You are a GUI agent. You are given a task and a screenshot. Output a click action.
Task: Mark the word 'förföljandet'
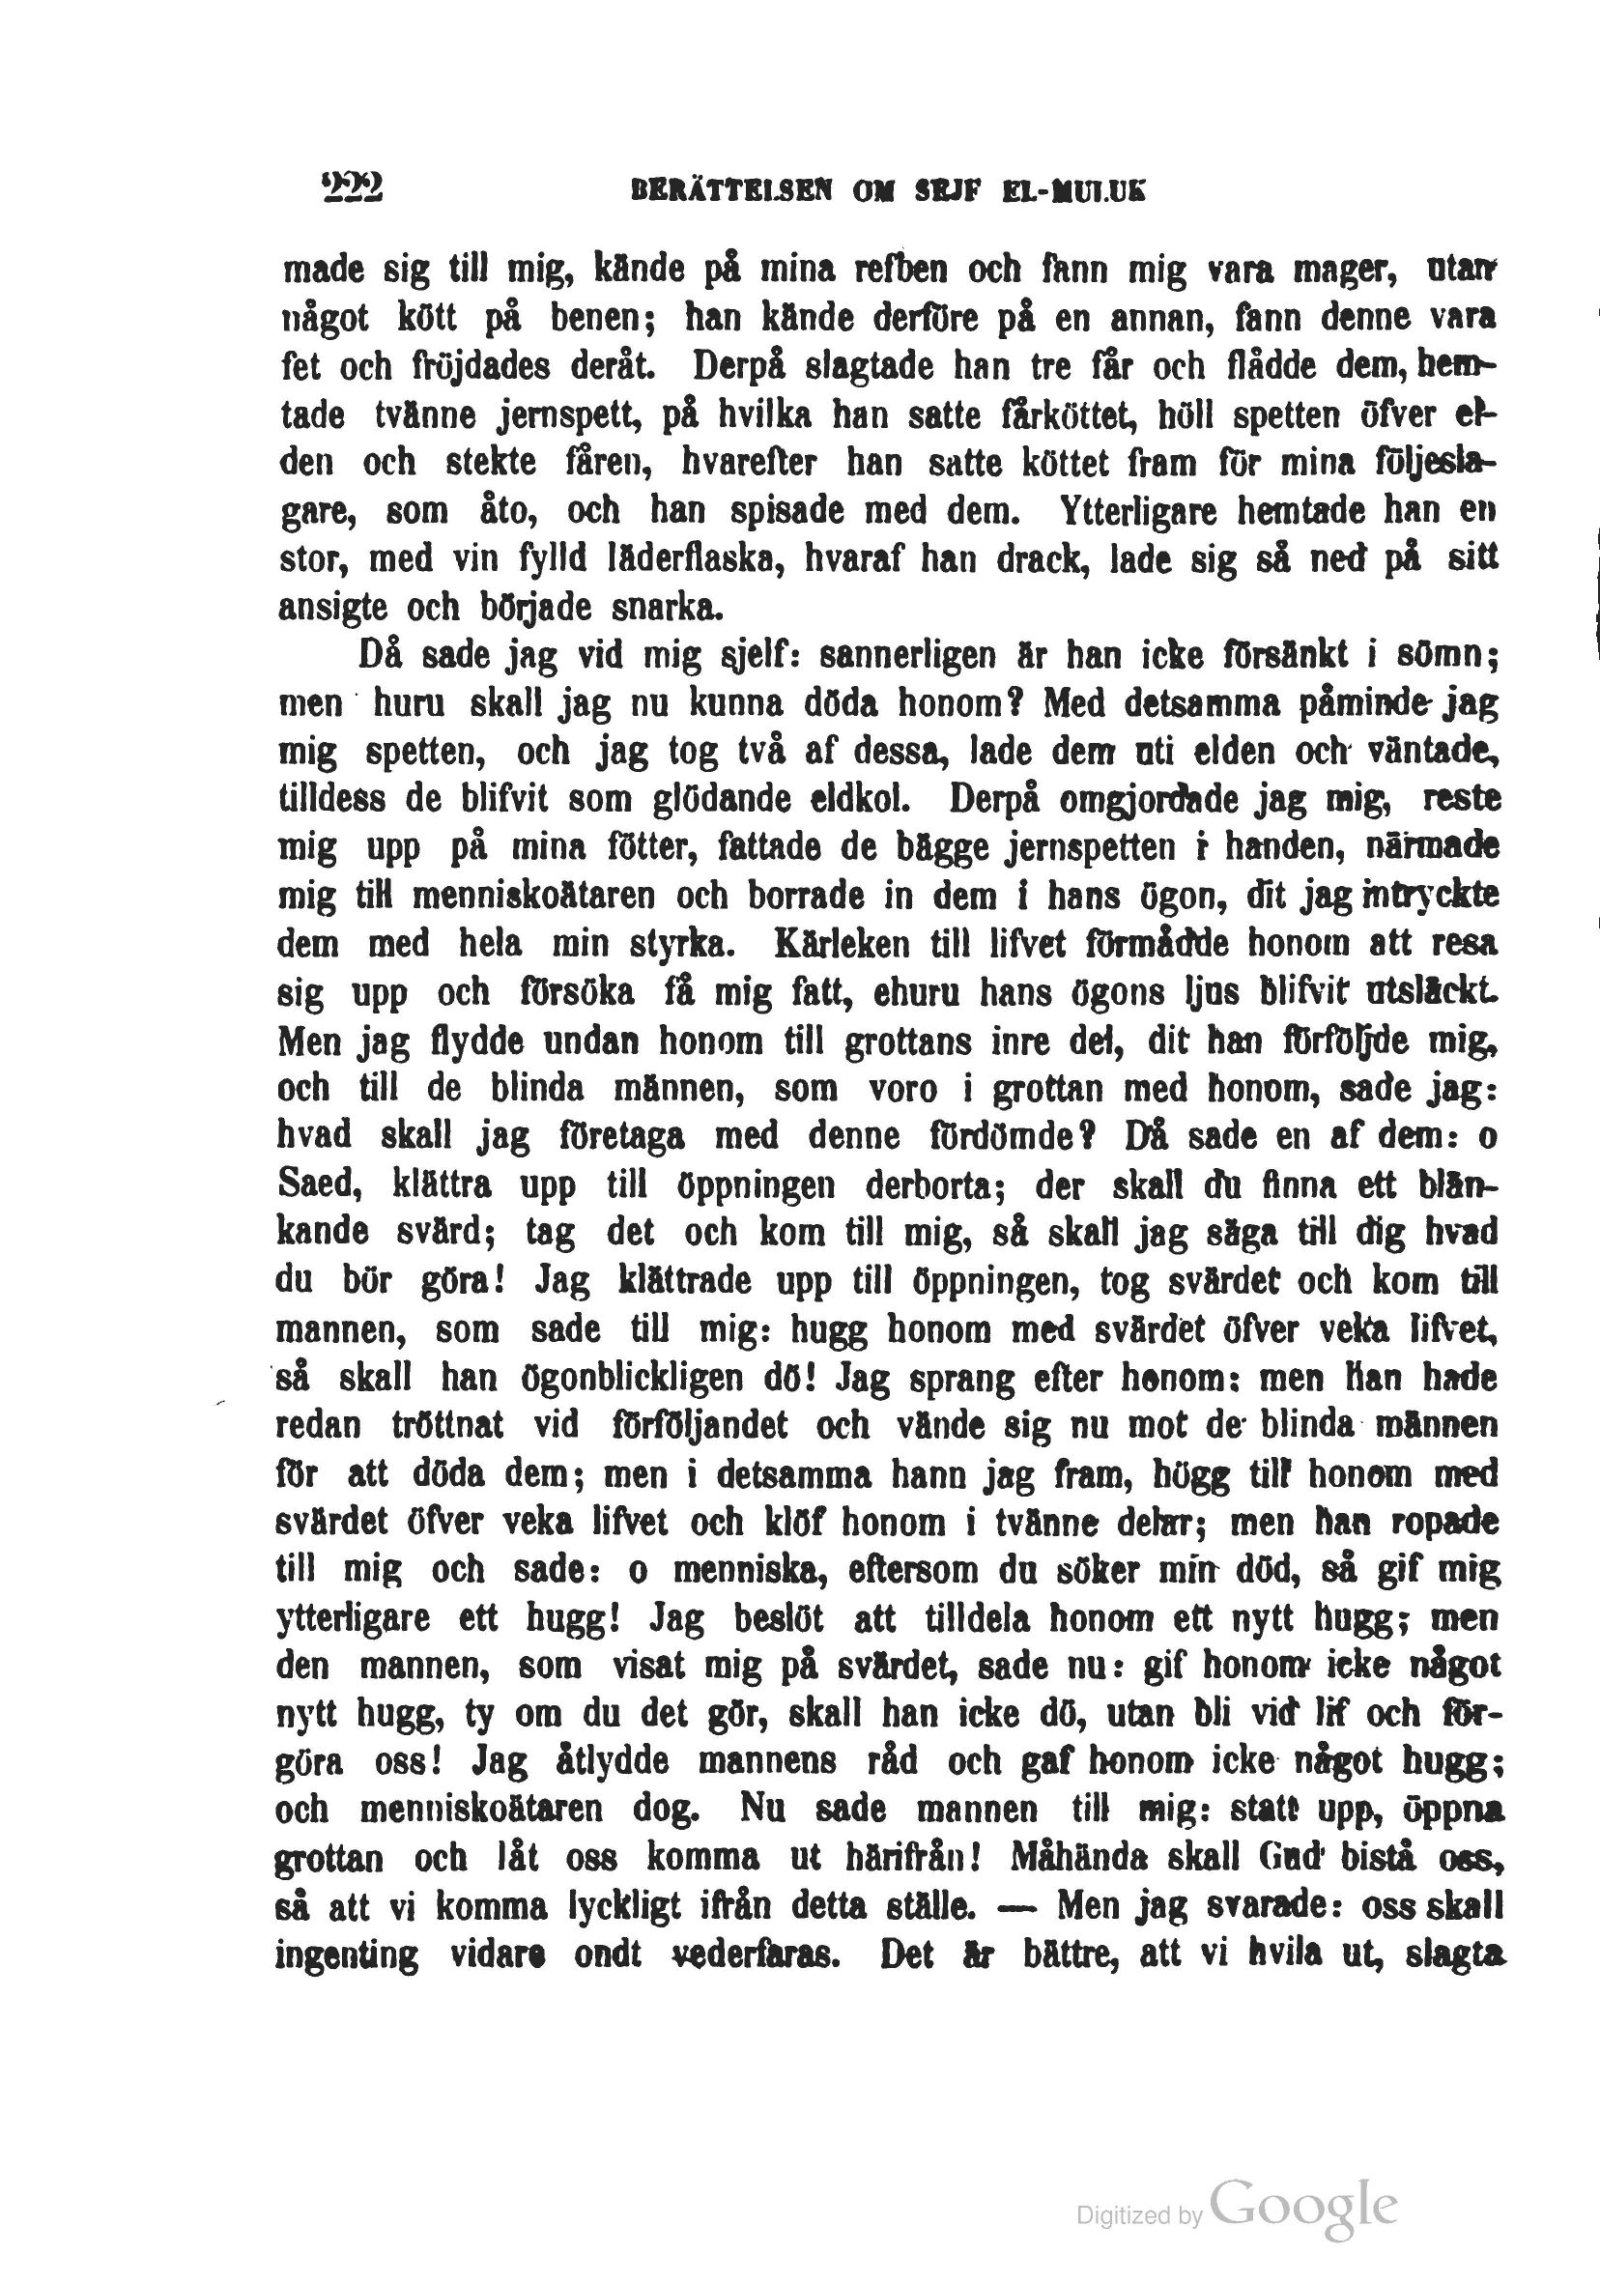click(x=701, y=1426)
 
